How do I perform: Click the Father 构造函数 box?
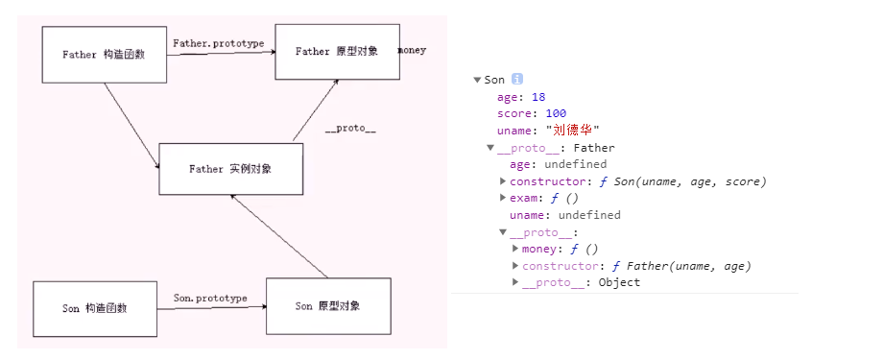click(x=105, y=55)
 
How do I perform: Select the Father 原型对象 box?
click(x=337, y=52)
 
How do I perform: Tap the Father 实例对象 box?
click(x=230, y=169)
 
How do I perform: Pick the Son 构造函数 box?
click(x=95, y=308)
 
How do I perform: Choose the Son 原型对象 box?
click(x=328, y=306)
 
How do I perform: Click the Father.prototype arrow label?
click(x=219, y=43)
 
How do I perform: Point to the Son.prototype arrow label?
click(x=210, y=299)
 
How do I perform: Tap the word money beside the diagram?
click(x=412, y=50)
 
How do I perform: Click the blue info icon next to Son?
click(x=516, y=80)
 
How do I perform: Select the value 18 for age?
click(x=537, y=97)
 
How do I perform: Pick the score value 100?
click(x=555, y=113)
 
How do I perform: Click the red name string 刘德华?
click(x=572, y=130)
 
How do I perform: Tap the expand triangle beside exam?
click(x=503, y=198)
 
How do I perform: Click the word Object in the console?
click(x=619, y=282)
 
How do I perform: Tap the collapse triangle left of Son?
click(x=477, y=80)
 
